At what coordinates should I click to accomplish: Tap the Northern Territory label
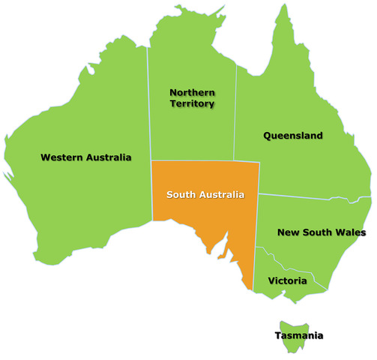coord(192,97)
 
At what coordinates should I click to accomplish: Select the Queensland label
coord(293,136)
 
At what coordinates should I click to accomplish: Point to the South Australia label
coord(205,195)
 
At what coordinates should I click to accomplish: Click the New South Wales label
coord(322,232)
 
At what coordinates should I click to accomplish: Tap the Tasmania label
coord(298,335)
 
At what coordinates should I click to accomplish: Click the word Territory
coord(192,103)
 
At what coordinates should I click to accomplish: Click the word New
coord(287,232)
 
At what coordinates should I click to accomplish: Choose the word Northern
coord(192,92)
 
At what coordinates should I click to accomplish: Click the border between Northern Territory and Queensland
coord(235,112)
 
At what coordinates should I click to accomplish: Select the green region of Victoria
coord(281,292)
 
